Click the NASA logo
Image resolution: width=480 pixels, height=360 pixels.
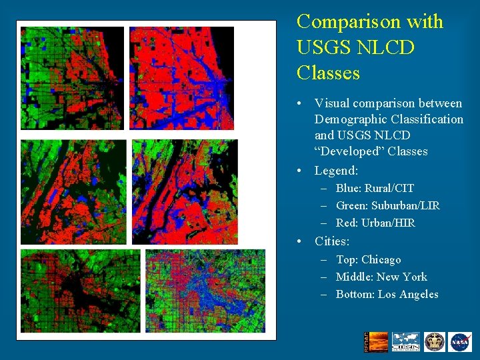click(459, 341)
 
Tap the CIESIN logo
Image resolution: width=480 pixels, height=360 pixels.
click(406, 341)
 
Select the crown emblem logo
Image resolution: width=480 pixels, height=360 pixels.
click(434, 341)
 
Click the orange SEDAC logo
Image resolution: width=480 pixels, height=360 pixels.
click(377, 341)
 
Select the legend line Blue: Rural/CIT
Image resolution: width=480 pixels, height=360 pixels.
click(375, 189)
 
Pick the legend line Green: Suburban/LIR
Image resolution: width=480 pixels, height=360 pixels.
click(387, 206)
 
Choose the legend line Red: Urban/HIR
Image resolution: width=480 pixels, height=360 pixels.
click(375, 223)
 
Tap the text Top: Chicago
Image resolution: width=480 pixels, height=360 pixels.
click(368, 259)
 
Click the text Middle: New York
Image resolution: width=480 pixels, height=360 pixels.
click(381, 277)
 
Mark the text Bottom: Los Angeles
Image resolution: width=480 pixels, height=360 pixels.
click(387, 294)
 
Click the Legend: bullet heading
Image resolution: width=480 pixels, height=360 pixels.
click(336, 171)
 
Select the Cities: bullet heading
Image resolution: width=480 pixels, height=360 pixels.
click(332, 241)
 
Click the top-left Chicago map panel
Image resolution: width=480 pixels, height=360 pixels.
click(72, 77)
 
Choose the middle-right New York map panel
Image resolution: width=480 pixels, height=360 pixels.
click(184, 191)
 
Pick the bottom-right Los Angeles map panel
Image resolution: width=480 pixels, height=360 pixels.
click(205, 290)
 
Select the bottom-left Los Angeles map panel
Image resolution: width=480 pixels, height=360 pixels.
click(80, 290)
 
